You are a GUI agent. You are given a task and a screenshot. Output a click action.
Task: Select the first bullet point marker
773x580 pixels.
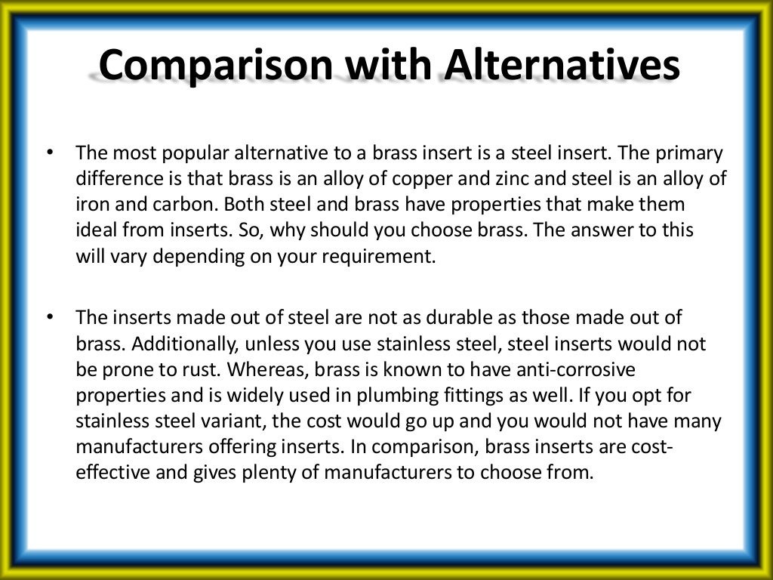click(x=50, y=153)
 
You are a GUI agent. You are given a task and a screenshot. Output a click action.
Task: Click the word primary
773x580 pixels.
click(x=689, y=154)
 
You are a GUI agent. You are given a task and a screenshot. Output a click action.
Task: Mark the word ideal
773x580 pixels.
click(x=94, y=230)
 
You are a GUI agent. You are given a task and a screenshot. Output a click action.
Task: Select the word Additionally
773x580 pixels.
click(x=182, y=344)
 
